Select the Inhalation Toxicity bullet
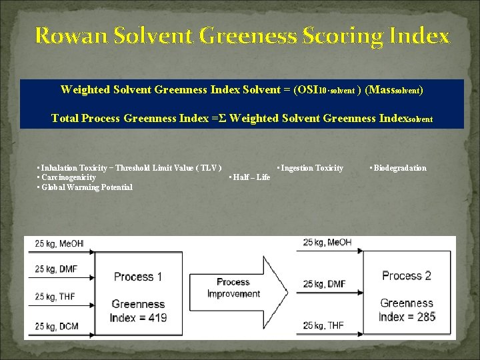tap(131, 168)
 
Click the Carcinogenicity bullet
tap(67, 177)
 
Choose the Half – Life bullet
tap(250, 177)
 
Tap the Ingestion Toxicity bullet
tap(310, 168)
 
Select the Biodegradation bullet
tap(398, 168)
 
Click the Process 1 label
tap(138, 277)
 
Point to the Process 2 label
tap(407, 275)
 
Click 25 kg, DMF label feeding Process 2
tap(325, 284)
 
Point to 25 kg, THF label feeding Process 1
tap(59, 297)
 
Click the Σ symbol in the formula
tap(223, 119)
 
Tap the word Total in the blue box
tap(65, 119)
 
